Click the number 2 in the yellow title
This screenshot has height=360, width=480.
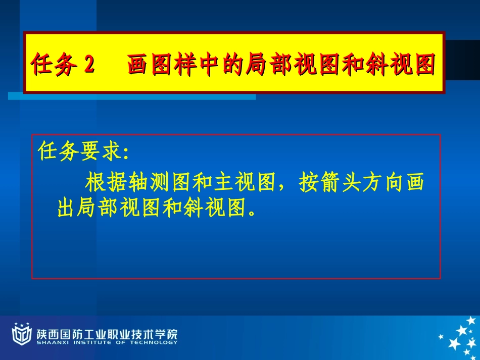[89, 65]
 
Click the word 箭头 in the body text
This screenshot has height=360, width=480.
[338, 183]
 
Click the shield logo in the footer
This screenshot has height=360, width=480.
[21, 334]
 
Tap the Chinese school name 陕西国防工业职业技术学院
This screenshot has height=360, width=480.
[107, 333]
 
